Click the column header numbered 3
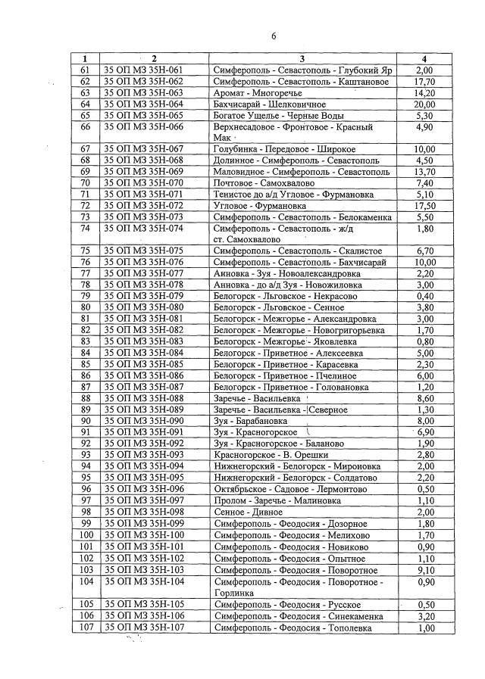(x=301, y=59)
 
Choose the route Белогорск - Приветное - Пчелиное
(x=285, y=375)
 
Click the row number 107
(x=86, y=628)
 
